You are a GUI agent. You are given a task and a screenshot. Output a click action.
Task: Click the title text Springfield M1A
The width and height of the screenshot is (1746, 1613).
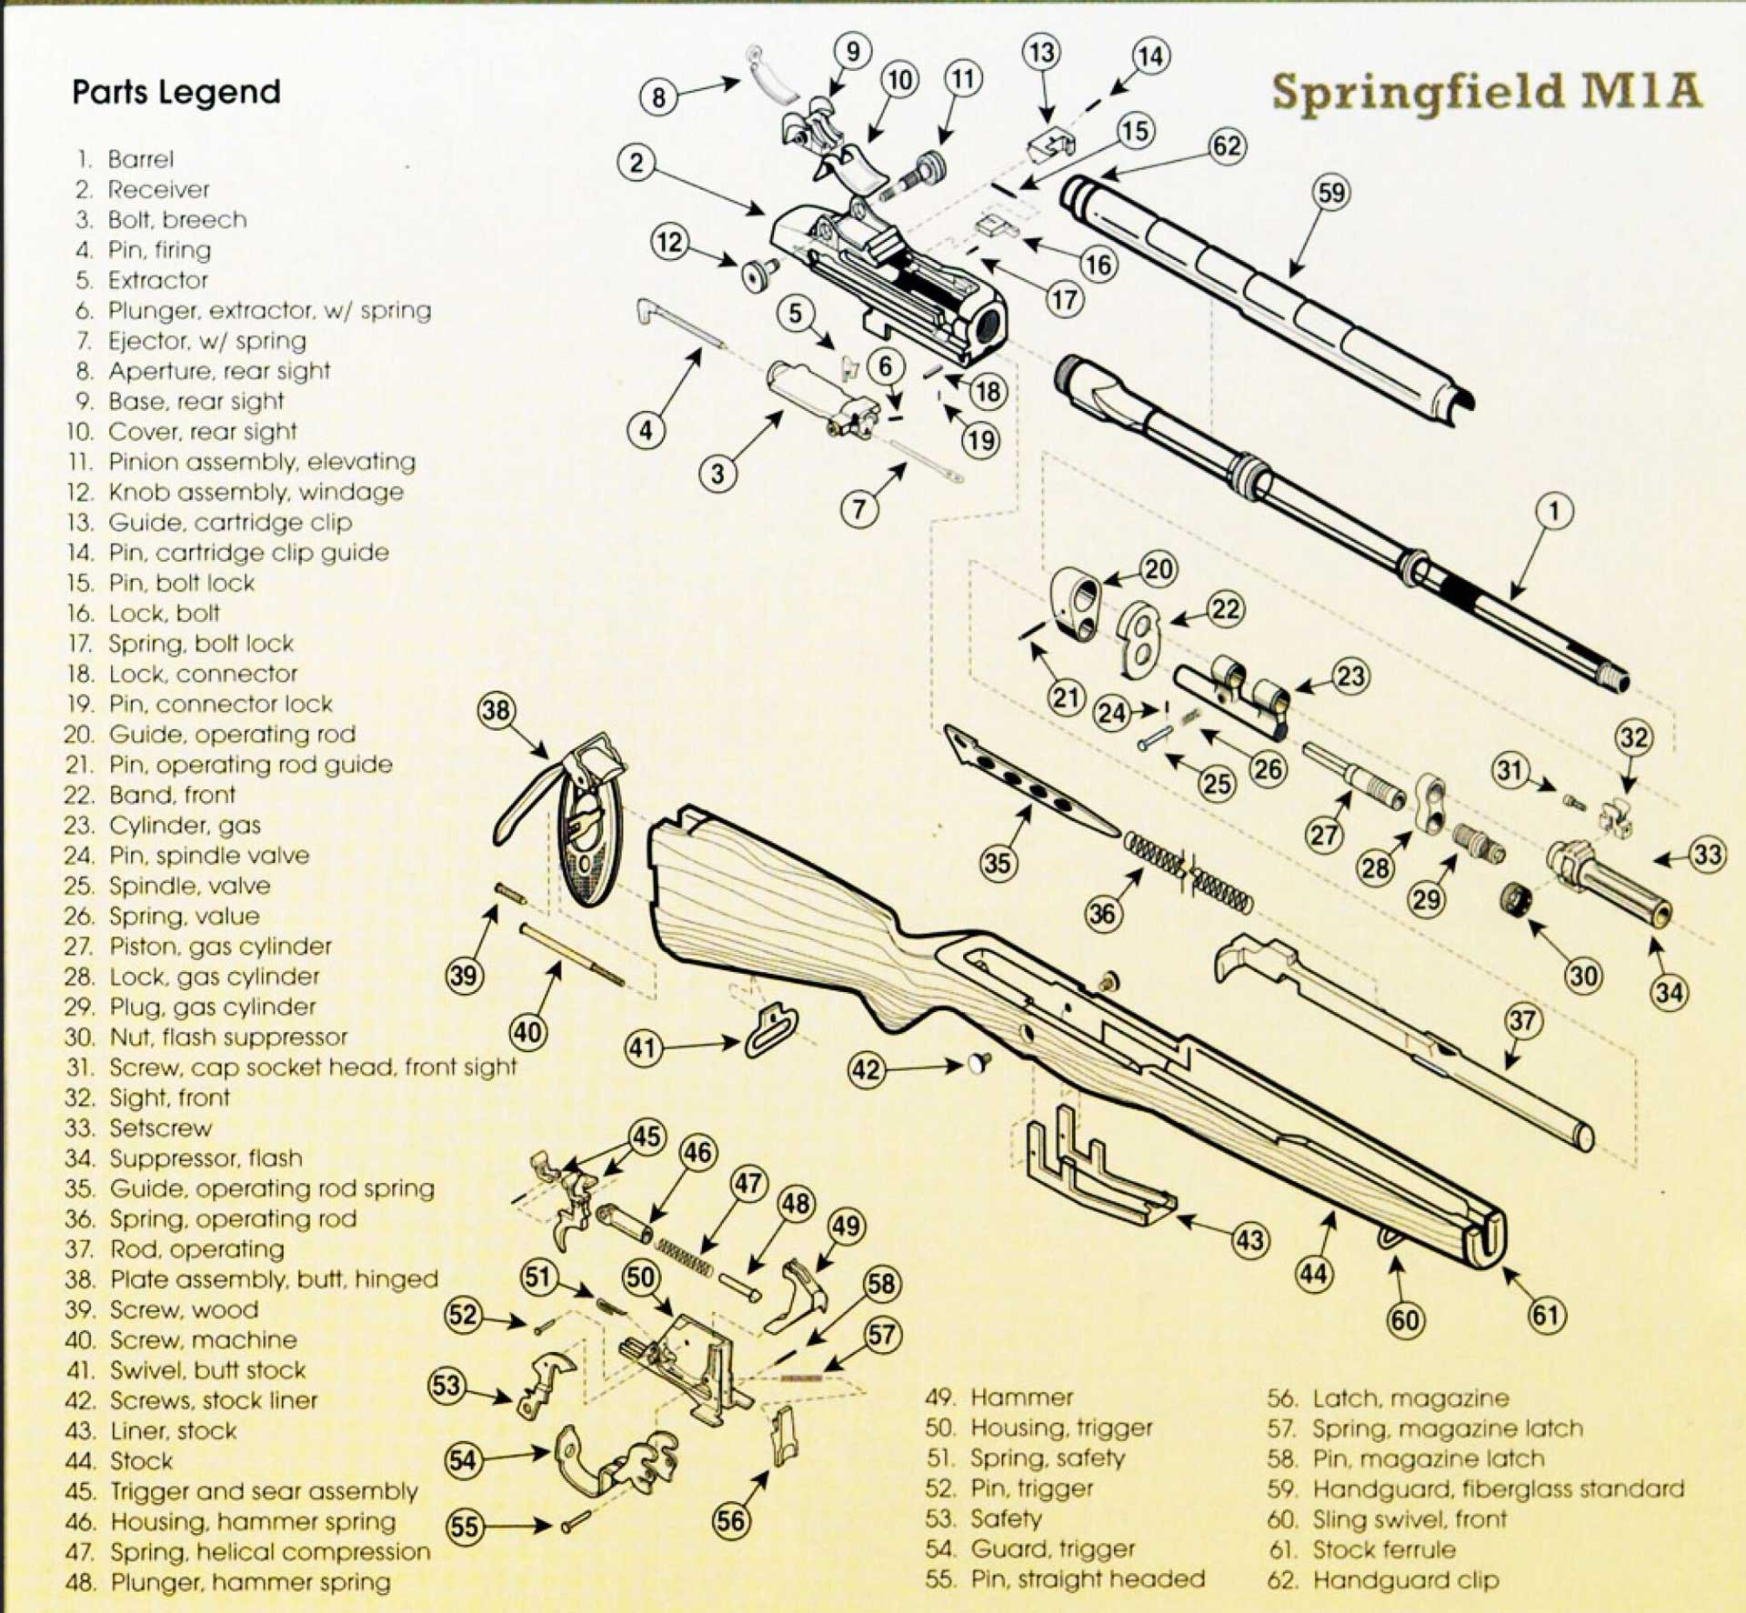coord(1486,92)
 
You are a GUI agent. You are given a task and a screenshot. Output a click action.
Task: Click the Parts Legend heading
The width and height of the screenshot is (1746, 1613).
coord(176,92)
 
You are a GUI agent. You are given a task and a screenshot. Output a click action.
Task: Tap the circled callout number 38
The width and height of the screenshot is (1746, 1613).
coord(497,710)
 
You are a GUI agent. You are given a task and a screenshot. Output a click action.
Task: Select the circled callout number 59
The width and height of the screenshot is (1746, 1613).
coord(1330,193)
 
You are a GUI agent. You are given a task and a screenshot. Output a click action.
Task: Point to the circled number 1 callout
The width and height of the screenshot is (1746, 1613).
coord(1554,511)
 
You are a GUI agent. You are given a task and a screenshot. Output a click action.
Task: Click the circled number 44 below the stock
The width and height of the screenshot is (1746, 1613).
coord(1313,1274)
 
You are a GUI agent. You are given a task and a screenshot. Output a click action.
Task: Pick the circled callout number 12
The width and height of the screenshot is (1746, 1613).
coord(669,243)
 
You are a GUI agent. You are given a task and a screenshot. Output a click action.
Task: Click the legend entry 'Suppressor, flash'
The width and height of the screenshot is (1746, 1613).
coord(206,1157)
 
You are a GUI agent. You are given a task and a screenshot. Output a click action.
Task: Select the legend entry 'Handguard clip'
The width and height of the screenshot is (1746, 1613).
coord(1405,1580)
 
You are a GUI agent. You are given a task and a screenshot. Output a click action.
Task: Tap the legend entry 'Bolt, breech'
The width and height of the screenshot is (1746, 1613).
coord(176,219)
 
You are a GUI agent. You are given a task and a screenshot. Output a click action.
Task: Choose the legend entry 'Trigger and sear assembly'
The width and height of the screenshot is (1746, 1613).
coord(263,1491)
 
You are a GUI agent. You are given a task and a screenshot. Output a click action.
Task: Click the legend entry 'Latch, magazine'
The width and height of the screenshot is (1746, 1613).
coord(1410,1398)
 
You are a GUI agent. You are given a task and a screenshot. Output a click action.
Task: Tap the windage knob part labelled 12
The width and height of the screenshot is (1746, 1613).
coord(758,274)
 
